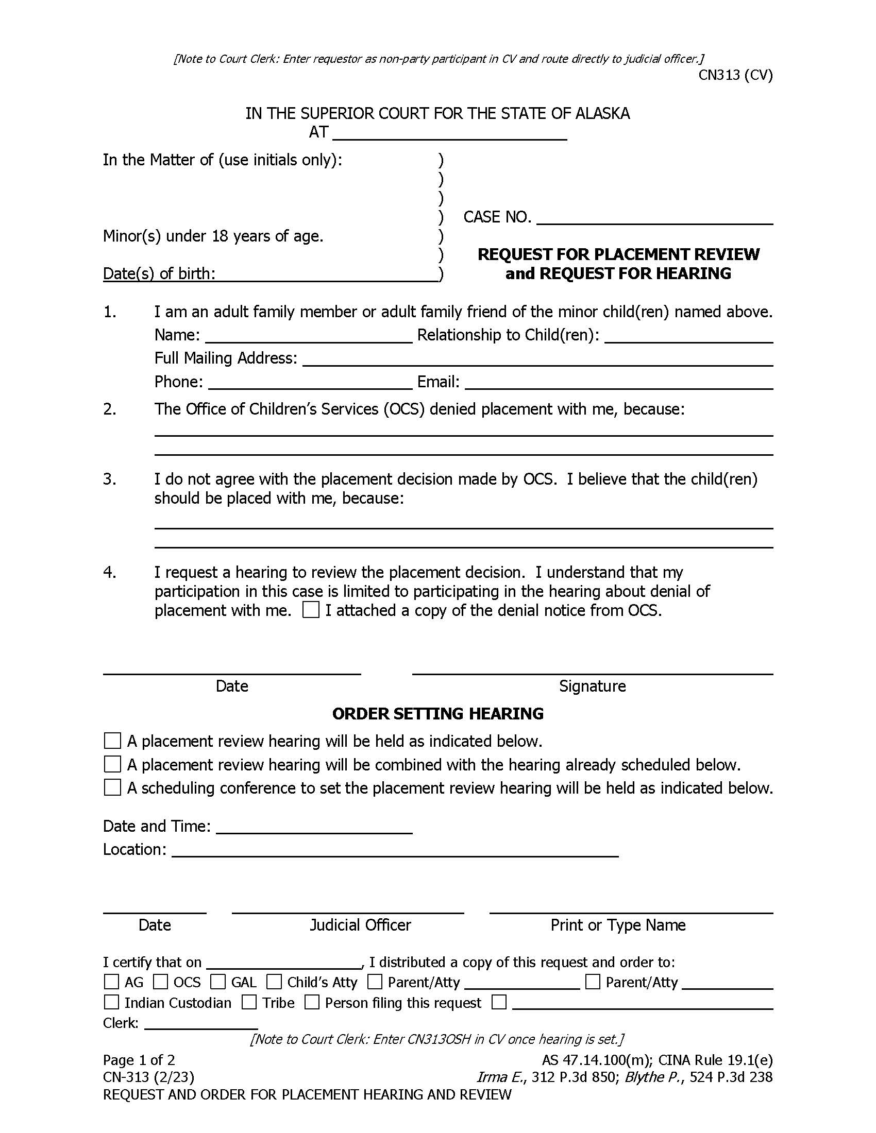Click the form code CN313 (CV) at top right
coord(735,75)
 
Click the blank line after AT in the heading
coord(449,134)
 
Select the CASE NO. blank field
coord(654,218)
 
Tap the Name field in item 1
coord(309,336)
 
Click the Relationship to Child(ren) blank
coord(688,336)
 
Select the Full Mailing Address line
coord(537,359)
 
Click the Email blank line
coord(618,383)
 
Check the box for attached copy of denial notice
coord(311,610)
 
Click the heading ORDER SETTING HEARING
coord(437,714)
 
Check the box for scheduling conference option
coord(113,787)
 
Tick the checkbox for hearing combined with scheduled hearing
coord(113,764)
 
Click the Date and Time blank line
coord(314,827)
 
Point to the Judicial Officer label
coord(360,925)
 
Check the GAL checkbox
coord(218,982)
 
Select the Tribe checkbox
coord(249,1002)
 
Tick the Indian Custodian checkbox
coord(112,1002)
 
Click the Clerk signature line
coord(201,1023)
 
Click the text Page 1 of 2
coord(139,1060)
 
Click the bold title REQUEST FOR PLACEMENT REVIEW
coord(618,255)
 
